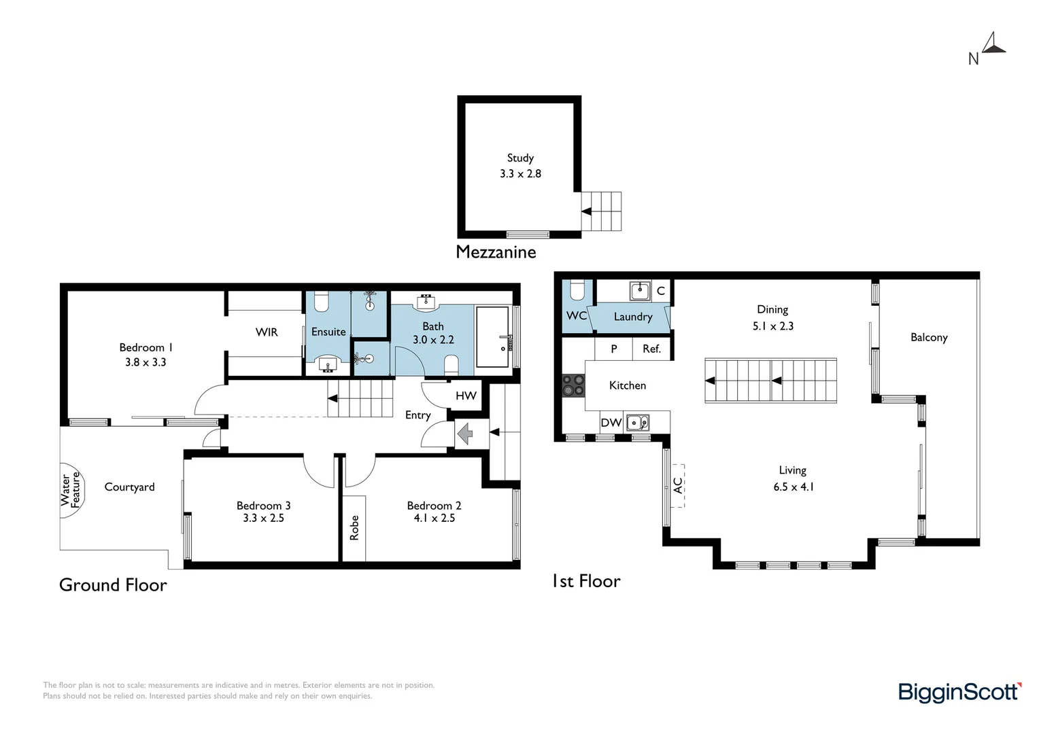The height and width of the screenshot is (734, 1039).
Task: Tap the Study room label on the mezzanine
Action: [520, 158]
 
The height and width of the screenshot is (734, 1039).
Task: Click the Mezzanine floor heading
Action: [496, 252]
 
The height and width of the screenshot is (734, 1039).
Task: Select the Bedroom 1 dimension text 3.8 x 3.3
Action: [146, 362]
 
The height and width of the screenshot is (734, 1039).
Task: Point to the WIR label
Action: [267, 332]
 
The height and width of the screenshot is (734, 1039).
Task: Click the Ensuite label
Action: [328, 332]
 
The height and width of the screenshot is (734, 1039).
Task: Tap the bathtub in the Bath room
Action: [492, 336]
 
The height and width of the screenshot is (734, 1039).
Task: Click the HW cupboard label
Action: [466, 396]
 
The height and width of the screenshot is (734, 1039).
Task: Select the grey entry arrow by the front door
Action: [464, 433]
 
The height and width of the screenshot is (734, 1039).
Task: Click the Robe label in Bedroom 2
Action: [354, 527]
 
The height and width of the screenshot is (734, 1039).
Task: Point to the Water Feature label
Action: [70, 489]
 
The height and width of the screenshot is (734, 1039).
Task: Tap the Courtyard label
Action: [129, 487]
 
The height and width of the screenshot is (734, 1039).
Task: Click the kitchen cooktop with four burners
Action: [573, 385]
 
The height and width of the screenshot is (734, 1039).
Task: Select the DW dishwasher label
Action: [611, 423]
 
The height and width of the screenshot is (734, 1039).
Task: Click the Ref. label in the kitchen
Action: [651, 349]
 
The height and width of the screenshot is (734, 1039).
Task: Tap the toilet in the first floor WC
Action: [577, 292]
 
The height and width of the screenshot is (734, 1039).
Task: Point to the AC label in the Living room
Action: [677, 485]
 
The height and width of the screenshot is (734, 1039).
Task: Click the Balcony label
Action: [928, 337]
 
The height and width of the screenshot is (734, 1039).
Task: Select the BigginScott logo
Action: [959, 692]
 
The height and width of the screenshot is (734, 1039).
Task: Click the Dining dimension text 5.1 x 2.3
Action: [772, 326]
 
